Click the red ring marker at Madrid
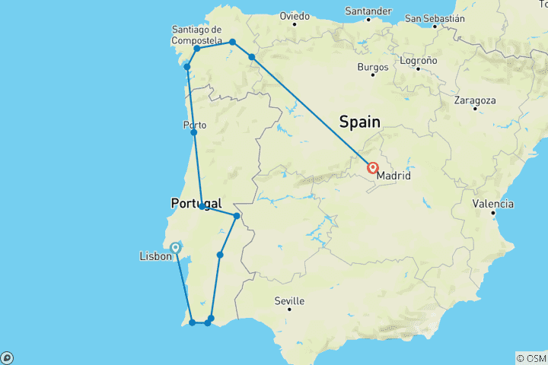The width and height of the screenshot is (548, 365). pyautogui.click(x=374, y=168)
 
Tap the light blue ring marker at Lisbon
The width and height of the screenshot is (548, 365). pyautogui.click(x=176, y=247)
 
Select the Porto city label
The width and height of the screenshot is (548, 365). pyautogui.click(x=194, y=125)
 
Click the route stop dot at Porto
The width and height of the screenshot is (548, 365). pyautogui.click(x=194, y=133)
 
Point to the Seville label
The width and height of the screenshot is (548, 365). pyautogui.click(x=289, y=301)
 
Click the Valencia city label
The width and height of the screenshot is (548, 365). pyautogui.click(x=492, y=204)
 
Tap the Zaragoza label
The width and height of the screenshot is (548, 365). pyautogui.click(x=474, y=100)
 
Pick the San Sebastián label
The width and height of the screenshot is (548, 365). pyautogui.click(x=435, y=17)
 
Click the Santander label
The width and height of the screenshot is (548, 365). pyautogui.click(x=368, y=11)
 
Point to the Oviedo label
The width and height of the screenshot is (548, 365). pyautogui.click(x=295, y=15)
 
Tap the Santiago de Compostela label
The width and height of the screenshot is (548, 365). pyautogui.click(x=197, y=35)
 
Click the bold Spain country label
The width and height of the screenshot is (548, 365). pyautogui.click(x=359, y=120)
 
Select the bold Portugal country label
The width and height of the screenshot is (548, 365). pyautogui.click(x=196, y=204)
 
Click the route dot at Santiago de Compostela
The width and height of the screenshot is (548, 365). pyautogui.click(x=196, y=49)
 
